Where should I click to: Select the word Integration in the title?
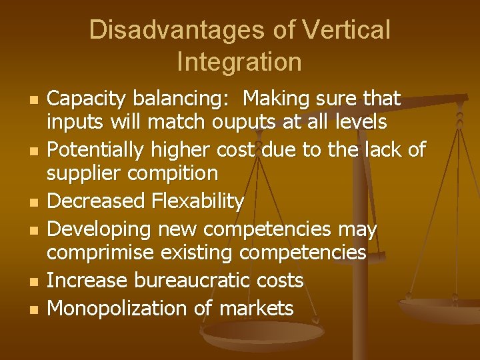click(239, 62)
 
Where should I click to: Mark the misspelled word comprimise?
click(104, 253)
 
